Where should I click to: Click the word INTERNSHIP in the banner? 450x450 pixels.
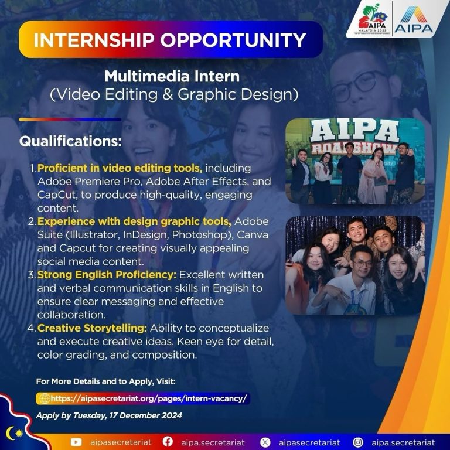pyautogui.click(x=94, y=40)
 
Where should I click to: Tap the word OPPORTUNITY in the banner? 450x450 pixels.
pyautogui.click(x=233, y=40)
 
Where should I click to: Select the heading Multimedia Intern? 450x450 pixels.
pyautogui.click(x=172, y=76)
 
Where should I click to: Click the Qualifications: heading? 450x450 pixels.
pyautogui.click(x=70, y=141)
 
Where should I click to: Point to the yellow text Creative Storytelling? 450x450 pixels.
pyautogui.click(x=92, y=328)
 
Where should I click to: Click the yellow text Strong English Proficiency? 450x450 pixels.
pyautogui.click(x=107, y=275)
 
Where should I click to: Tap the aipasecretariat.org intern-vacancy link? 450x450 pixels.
pyautogui.click(x=149, y=398)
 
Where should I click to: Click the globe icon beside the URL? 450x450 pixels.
pyautogui.click(x=45, y=398)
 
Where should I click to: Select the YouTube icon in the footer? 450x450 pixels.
pyautogui.click(x=76, y=442)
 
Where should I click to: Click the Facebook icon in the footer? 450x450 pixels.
pyautogui.click(x=168, y=442)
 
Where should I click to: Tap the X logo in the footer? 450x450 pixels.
pyautogui.click(x=265, y=442)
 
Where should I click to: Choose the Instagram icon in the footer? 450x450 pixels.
pyautogui.click(x=358, y=442)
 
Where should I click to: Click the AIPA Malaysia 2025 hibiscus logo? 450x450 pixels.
pyautogui.click(x=372, y=19)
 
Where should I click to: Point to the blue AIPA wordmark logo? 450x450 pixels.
pyautogui.click(x=414, y=20)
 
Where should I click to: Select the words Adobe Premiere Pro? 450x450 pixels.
pyautogui.click(x=90, y=182)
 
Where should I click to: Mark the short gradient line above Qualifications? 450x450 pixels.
pyautogui.click(x=70, y=120)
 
